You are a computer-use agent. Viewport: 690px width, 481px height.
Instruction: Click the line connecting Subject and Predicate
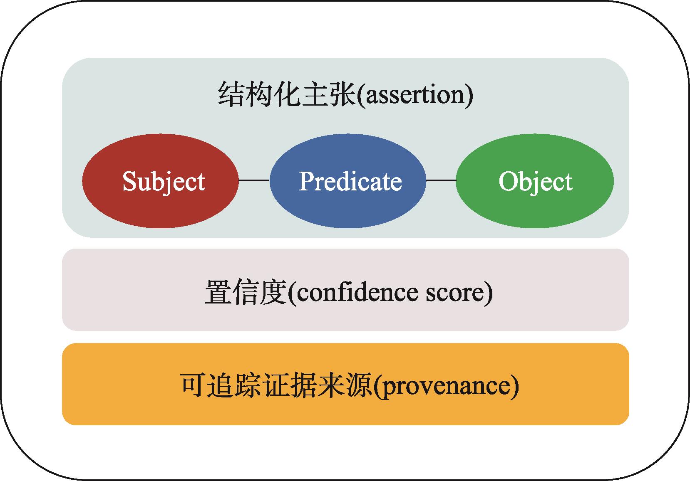tap(254, 180)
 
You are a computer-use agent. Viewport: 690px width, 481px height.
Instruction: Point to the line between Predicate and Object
tap(441, 180)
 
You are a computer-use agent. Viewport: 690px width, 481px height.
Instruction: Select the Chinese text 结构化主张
tap(286, 95)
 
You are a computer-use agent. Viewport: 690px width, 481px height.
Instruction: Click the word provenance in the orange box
tap(447, 386)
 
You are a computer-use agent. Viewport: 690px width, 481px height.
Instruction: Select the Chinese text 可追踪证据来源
tap(276, 385)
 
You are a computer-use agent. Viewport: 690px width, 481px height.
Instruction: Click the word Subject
tap(164, 182)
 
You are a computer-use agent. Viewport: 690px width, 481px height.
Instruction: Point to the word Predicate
tap(350, 182)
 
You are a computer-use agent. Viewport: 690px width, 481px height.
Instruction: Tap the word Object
tap(535, 182)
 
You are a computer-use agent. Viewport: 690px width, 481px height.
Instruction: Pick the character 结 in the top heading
tap(231, 95)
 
